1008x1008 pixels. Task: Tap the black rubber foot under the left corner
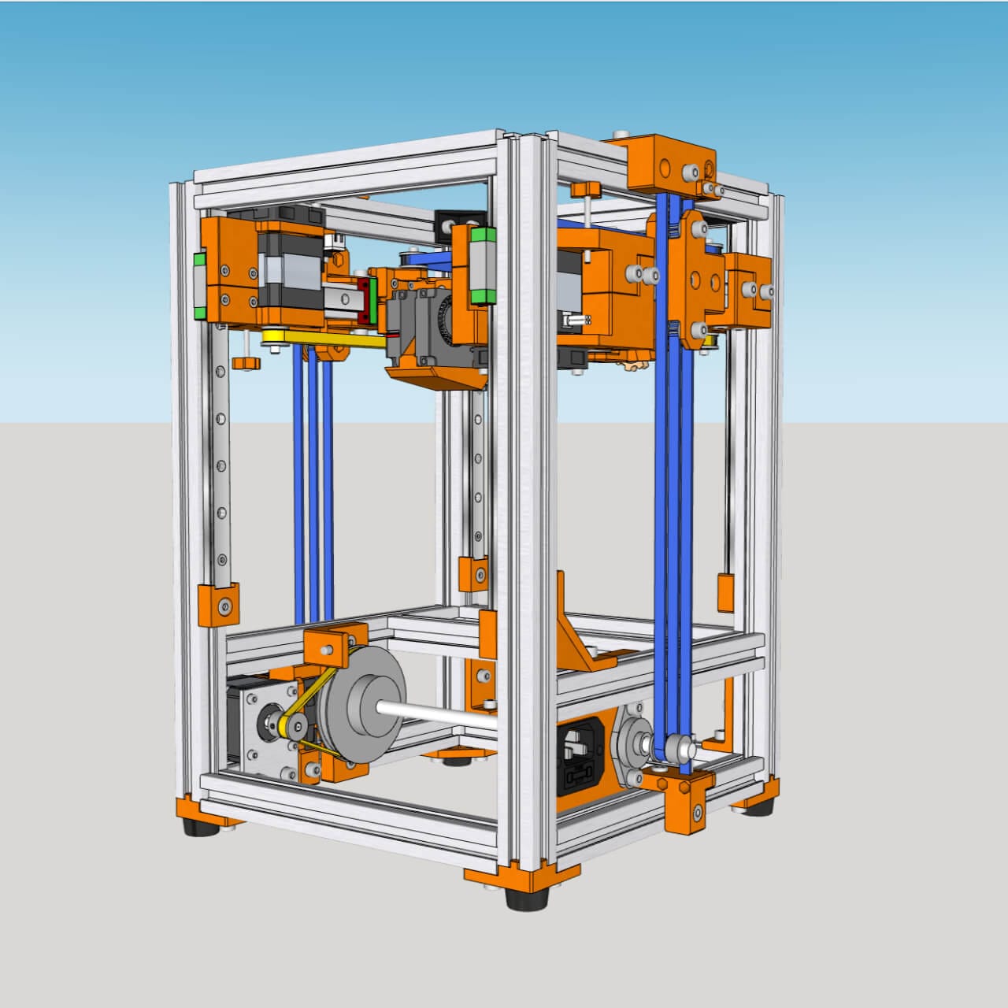200,827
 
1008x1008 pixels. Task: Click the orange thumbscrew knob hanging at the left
247,362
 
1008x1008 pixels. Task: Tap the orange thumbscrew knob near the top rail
587,190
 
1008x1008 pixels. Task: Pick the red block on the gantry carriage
365,300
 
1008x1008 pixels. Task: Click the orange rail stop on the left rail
218,606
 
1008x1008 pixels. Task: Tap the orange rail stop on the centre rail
473,573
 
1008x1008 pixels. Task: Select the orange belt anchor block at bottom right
681,799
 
